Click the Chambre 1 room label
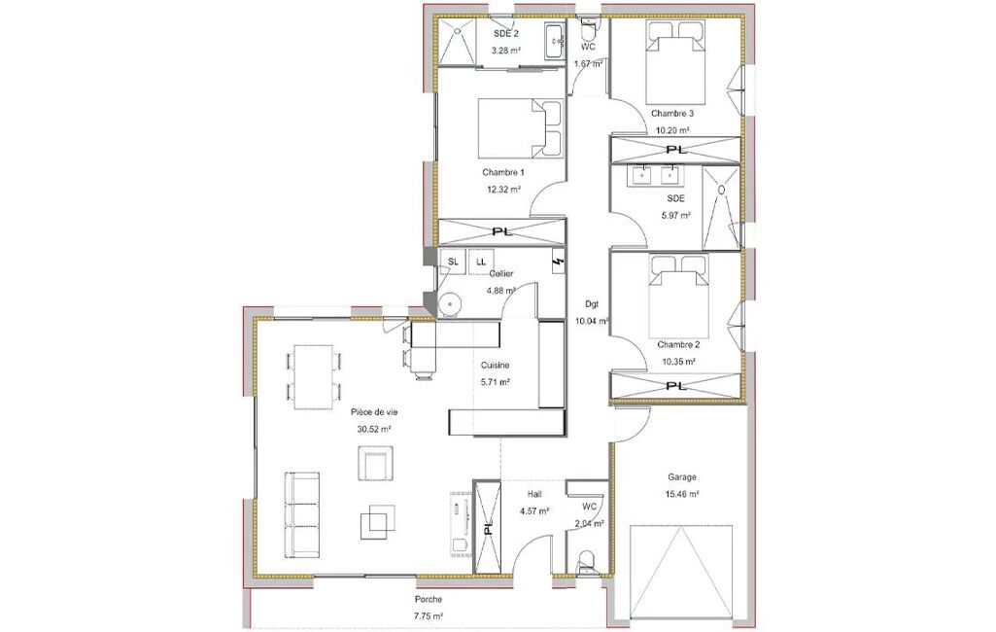pyautogui.click(x=503, y=172)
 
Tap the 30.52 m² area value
pyautogui.click(x=373, y=429)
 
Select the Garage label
pyautogui.click(x=681, y=476)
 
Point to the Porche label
pyautogui.click(x=429, y=600)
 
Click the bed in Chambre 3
pyautogui.click(x=676, y=63)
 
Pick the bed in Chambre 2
pyautogui.click(x=678, y=296)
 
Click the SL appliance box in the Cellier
pyautogui.click(x=453, y=262)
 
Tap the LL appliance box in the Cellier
pyautogui.click(x=481, y=262)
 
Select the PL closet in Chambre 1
pyautogui.click(x=501, y=231)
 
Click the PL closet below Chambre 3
pyautogui.click(x=676, y=150)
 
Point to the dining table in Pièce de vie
pyautogui.click(x=313, y=377)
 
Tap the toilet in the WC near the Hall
pyautogui.click(x=586, y=562)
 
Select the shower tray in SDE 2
pyautogui.click(x=456, y=42)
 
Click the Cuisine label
pyautogui.click(x=495, y=366)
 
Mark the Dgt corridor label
pyautogui.click(x=592, y=304)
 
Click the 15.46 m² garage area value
pyautogui.click(x=682, y=494)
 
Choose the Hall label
pyautogui.click(x=534, y=493)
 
